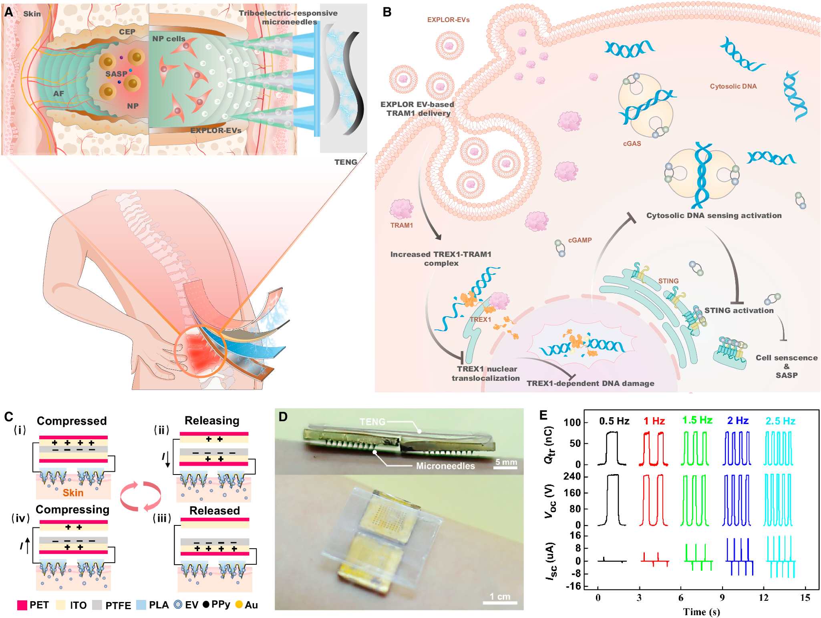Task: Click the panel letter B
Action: (x=386, y=12)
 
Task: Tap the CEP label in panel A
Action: (x=127, y=32)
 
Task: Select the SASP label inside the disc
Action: (x=116, y=74)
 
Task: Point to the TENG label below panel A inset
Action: (x=346, y=162)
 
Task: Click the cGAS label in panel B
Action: (x=632, y=143)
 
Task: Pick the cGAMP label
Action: (x=580, y=240)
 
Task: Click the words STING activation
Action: (x=739, y=310)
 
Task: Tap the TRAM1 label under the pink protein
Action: (x=401, y=225)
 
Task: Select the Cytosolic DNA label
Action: (x=733, y=86)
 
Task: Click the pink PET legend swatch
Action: (x=22, y=605)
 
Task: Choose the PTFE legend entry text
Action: (x=118, y=606)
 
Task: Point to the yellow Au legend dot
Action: (x=239, y=604)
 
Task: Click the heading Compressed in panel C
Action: (x=72, y=421)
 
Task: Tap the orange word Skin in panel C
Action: (x=73, y=493)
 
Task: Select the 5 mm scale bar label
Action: (x=506, y=462)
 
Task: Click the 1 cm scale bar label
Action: (x=500, y=596)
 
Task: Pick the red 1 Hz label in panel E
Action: (x=654, y=421)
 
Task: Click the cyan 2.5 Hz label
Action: (x=780, y=421)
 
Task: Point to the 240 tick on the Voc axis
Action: (x=572, y=476)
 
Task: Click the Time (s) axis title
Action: (x=701, y=612)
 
